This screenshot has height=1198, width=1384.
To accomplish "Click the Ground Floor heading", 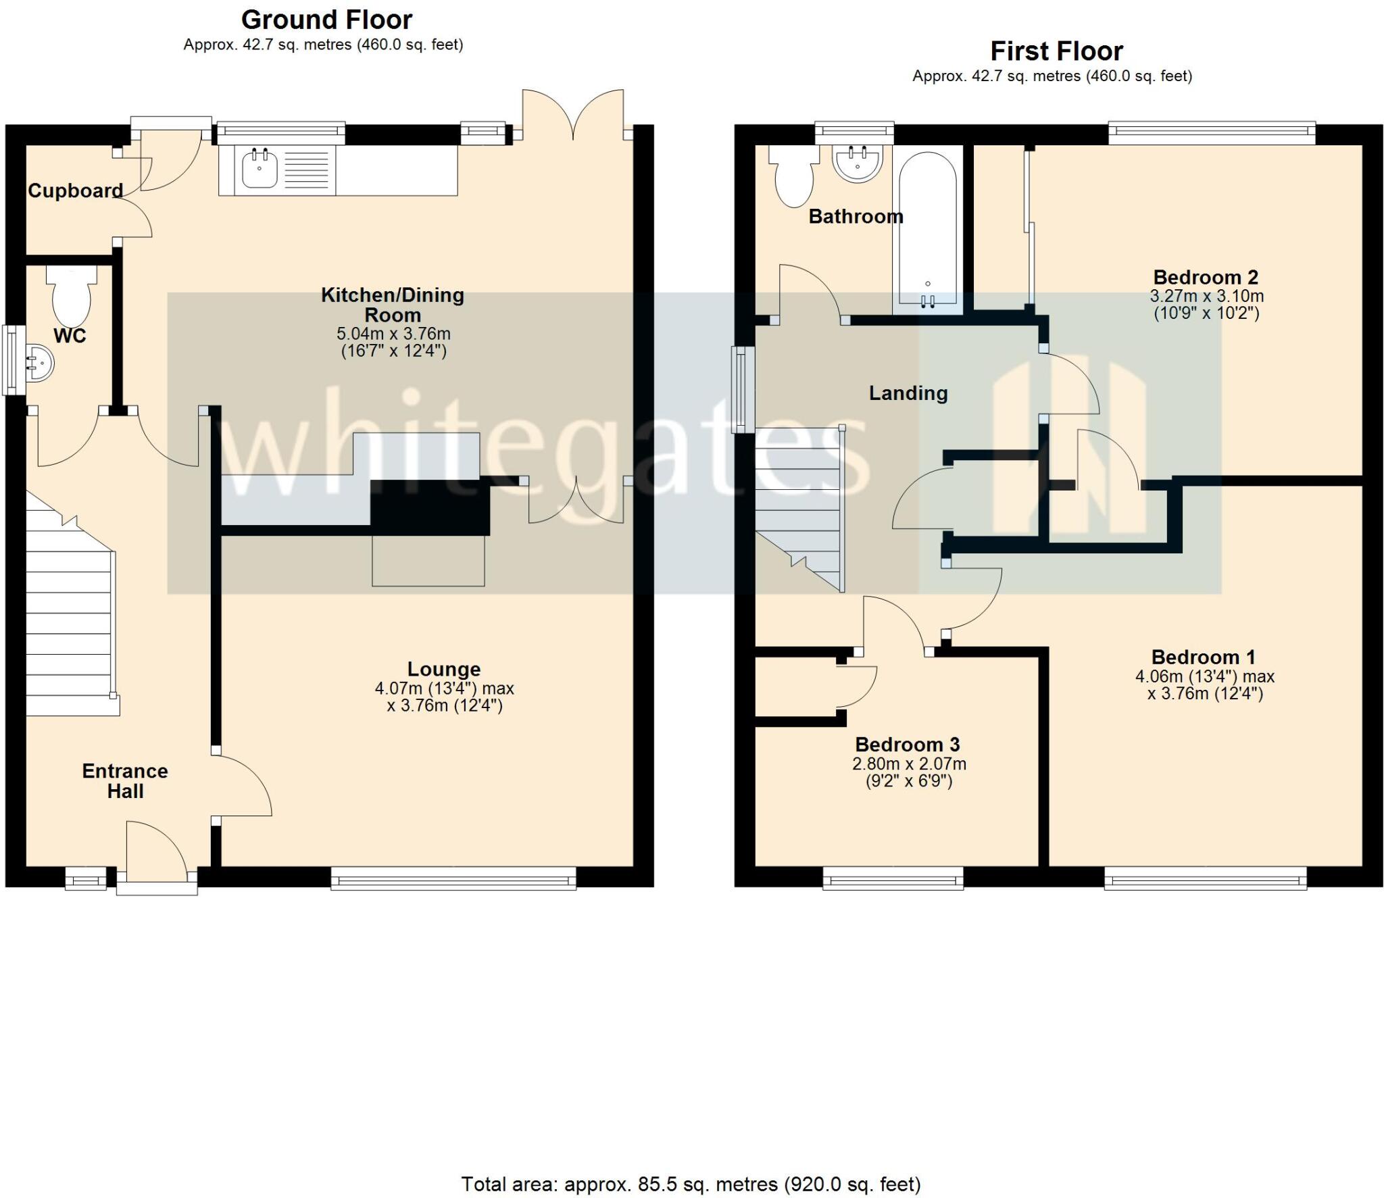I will pos(326,20).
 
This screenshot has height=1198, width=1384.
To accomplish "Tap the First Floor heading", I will pos(1056,51).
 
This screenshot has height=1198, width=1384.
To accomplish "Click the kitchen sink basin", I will pos(259,169).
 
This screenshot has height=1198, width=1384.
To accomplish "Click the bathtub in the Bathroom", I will pos(927,230).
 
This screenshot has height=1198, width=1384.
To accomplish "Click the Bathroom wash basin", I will pos(858,164).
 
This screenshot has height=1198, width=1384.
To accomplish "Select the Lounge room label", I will pos(444,669).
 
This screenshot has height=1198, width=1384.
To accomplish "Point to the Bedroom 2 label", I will pos(1206,277).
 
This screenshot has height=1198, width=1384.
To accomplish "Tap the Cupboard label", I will pos(75,191).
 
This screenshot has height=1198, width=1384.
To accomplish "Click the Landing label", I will pos(908,393).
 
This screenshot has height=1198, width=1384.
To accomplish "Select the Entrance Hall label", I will pos(125,780).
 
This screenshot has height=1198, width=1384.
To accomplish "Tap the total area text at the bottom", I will pos(691,1184).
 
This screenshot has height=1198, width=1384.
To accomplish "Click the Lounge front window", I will pos(453,880).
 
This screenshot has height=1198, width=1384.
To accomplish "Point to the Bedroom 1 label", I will pos(1204,657).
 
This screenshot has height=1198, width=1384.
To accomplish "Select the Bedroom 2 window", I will pos(1212,132).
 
